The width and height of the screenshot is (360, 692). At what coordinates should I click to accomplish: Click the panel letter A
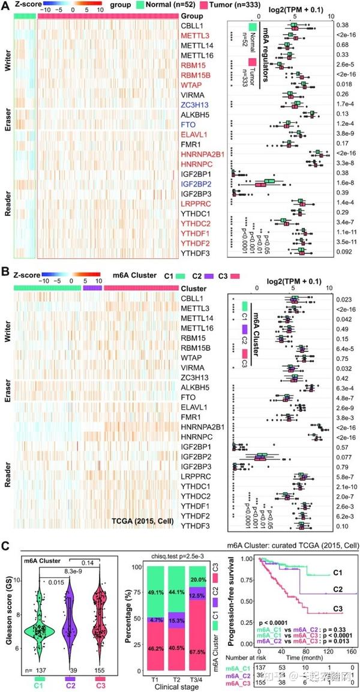coord(5,5)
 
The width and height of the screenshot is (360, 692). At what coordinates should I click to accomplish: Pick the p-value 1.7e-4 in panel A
coord(344,104)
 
